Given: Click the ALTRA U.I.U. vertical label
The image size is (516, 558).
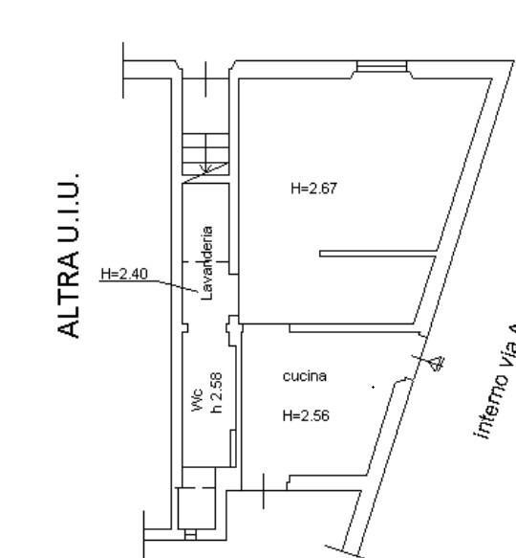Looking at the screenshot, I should tap(68, 256).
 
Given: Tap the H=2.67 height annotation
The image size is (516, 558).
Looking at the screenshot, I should tap(313, 190).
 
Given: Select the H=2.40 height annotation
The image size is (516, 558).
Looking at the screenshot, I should tap(124, 275).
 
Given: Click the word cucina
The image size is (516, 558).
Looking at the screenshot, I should tap(305, 376).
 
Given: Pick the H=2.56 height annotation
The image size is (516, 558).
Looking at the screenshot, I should tap(306, 416).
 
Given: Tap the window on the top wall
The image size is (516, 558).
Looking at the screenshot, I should tap(382, 67).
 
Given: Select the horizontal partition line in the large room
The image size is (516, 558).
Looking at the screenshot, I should tap(377, 254).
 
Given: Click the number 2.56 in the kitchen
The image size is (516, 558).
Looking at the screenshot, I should tap(314, 416).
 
